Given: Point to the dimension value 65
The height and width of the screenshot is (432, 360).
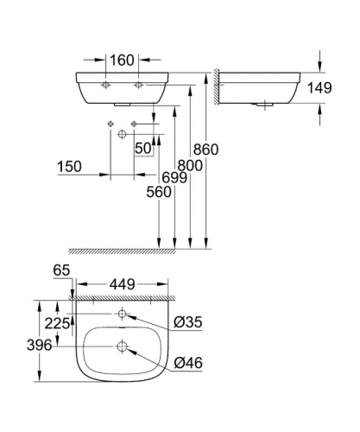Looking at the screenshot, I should [60, 270].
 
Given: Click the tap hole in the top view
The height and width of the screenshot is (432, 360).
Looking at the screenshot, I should [122, 313].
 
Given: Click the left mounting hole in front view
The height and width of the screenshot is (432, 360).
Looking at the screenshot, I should [105, 87].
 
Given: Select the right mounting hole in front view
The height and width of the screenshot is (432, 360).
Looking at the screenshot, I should [137, 87].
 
